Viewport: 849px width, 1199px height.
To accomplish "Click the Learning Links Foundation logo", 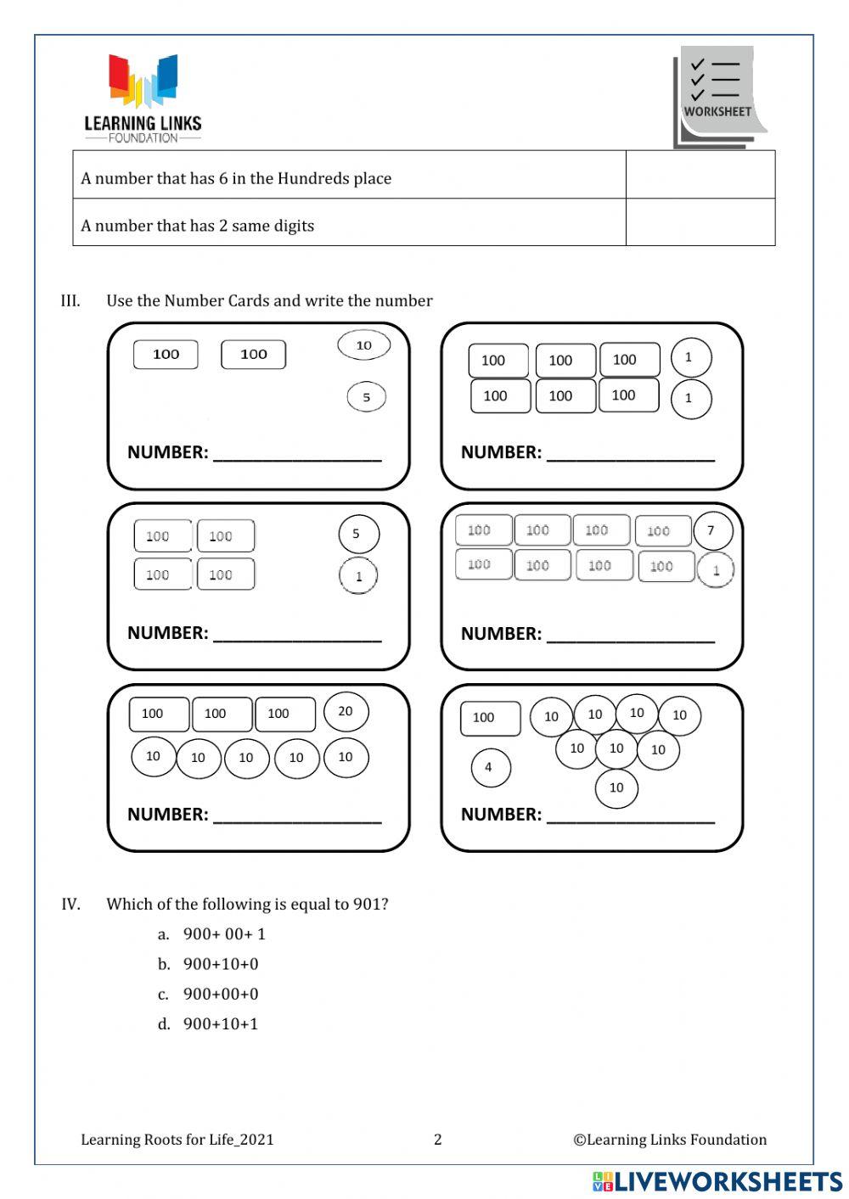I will point(143,98).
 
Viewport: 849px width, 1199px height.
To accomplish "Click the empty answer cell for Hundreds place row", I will point(700,175).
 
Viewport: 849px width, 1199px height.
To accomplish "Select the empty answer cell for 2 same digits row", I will point(700,222).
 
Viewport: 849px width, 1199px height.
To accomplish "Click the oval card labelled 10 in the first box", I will point(363,345).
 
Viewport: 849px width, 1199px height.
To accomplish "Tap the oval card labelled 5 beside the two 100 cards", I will point(366,396).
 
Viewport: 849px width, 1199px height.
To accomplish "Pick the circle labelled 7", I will point(711,531).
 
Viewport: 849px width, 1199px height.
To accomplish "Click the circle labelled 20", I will point(345,711).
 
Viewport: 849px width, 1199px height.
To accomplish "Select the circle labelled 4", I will point(489,767).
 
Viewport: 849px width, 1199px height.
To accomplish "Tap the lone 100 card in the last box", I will point(490,718).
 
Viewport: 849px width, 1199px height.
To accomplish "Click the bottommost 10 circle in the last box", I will point(616,787).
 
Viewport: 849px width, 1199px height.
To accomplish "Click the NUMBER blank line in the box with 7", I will point(630,635).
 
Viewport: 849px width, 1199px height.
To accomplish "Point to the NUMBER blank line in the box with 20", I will point(296,815).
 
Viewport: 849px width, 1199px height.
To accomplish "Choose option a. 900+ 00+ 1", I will point(224,934).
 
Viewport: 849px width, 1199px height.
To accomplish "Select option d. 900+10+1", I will point(220,1024).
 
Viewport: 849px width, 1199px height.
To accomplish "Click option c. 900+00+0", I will point(220,994).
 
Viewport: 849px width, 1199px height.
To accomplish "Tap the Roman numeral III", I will point(70,300).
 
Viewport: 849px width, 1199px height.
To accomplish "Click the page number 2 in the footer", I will point(438,1140).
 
